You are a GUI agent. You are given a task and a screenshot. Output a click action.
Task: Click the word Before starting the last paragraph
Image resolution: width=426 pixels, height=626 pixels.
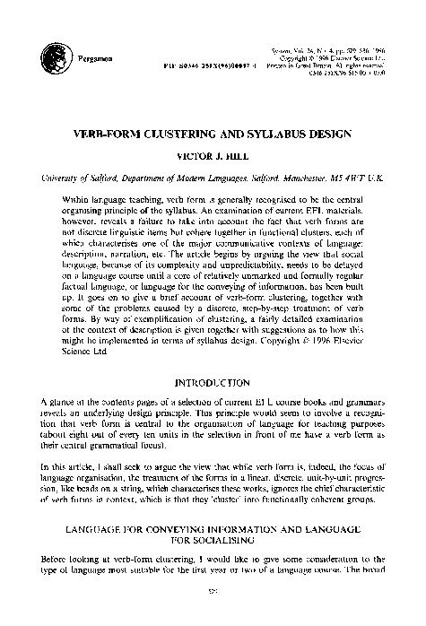click(57, 559)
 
